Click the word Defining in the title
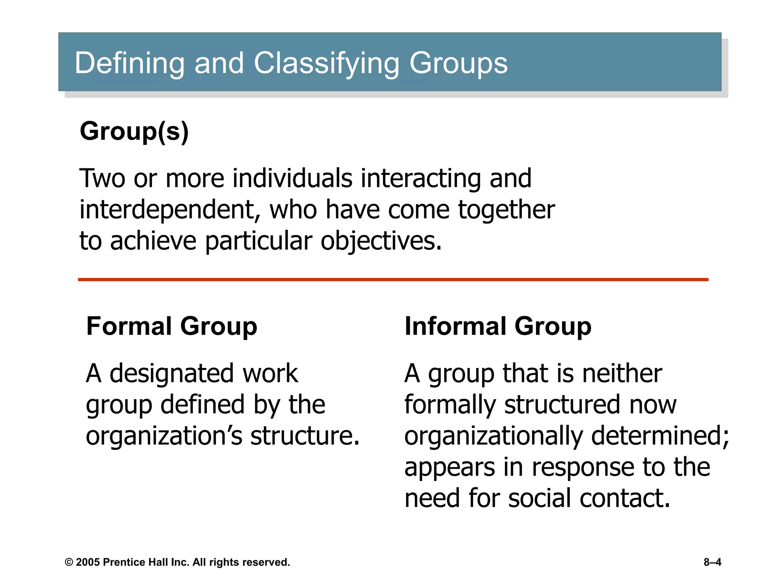[x=129, y=63]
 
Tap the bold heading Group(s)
[x=134, y=131]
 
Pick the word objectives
[x=381, y=241]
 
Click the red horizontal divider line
[x=393, y=280]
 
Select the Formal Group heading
[x=172, y=326]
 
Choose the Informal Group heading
[x=498, y=326]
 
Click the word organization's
[x=164, y=436]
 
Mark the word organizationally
[x=493, y=436]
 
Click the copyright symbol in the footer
[x=69, y=563]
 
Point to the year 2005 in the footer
[x=88, y=563]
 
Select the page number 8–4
[x=712, y=563]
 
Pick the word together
[x=506, y=210]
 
